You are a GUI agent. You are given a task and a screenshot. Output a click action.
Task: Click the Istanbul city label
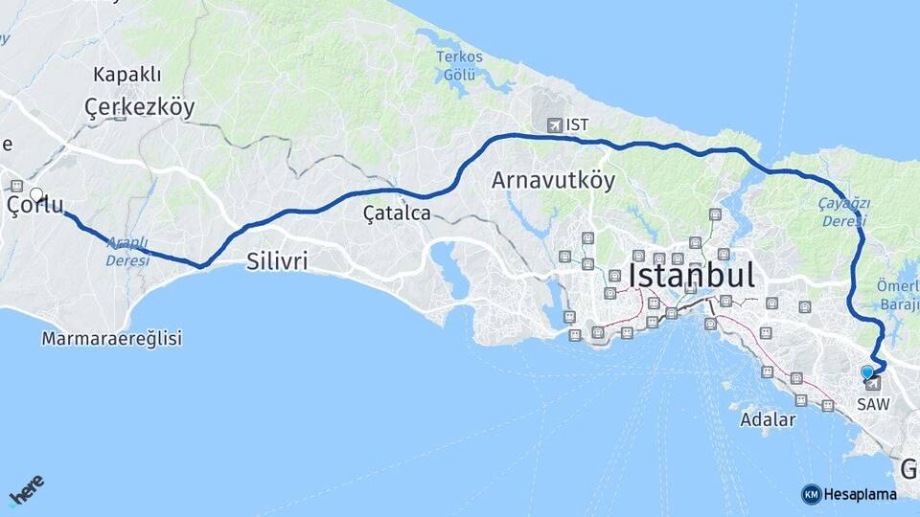tap(691, 276)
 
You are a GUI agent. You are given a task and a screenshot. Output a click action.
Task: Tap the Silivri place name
tap(277, 260)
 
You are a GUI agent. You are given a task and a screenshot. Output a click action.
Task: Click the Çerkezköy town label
tap(139, 106)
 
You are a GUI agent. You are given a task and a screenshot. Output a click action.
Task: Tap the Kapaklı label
tap(127, 75)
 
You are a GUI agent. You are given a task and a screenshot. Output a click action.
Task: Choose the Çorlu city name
tap(35, 206)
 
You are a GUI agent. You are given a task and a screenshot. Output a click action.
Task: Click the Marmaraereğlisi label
tap(112, 338)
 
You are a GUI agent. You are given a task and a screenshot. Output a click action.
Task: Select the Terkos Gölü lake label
tap(459, 66)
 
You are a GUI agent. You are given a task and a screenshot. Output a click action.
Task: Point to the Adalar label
tap(768, 419)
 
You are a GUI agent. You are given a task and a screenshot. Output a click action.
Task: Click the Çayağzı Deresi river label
tap(843, 212)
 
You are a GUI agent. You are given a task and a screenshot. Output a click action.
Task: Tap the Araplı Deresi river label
tap(127, 251)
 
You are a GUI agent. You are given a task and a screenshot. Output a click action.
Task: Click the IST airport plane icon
tap(554, 124)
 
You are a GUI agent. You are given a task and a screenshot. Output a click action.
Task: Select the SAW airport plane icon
tap(873, 384)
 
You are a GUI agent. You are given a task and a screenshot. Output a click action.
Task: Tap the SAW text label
tap(873, 404)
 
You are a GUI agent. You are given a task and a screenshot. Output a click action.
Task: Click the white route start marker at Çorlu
tap(36, 195)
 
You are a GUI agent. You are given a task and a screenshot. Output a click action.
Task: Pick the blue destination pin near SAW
tap(866, 371)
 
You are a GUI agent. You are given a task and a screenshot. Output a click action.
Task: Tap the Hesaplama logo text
tap(861, 494)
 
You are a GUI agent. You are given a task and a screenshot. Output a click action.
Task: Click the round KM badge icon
tap(811, 494)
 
